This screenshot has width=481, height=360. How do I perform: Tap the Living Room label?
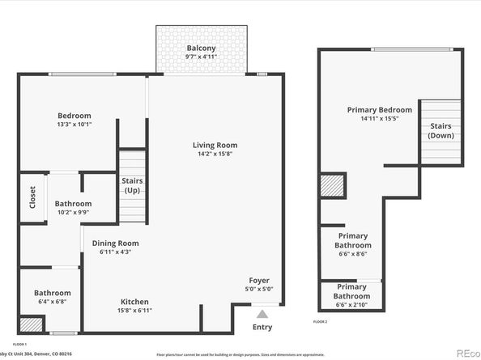(x=215, y=146)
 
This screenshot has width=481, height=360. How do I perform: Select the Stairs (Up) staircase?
(x=133, y=187)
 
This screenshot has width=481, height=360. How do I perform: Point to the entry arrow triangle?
(x=262, y=312)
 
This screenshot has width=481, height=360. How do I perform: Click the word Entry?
(x=262, y=327)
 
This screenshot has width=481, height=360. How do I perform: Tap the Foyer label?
(x=259, y=280)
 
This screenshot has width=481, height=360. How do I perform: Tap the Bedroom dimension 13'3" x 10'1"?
(x=74, y=125)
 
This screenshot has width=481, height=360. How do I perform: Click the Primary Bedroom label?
(x=379, y=109)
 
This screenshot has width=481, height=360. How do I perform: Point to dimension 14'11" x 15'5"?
(x=379, y=118)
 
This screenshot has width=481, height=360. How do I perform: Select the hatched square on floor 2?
(x=332, y=187)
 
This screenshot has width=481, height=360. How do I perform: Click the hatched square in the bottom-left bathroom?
(x=29, y=324)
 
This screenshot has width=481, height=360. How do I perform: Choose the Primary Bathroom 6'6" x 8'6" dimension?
(x=351, y=253)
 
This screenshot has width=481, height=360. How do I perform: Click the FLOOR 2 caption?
(x=321, y=321)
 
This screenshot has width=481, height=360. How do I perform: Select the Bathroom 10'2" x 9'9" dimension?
(x=72, y=213)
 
